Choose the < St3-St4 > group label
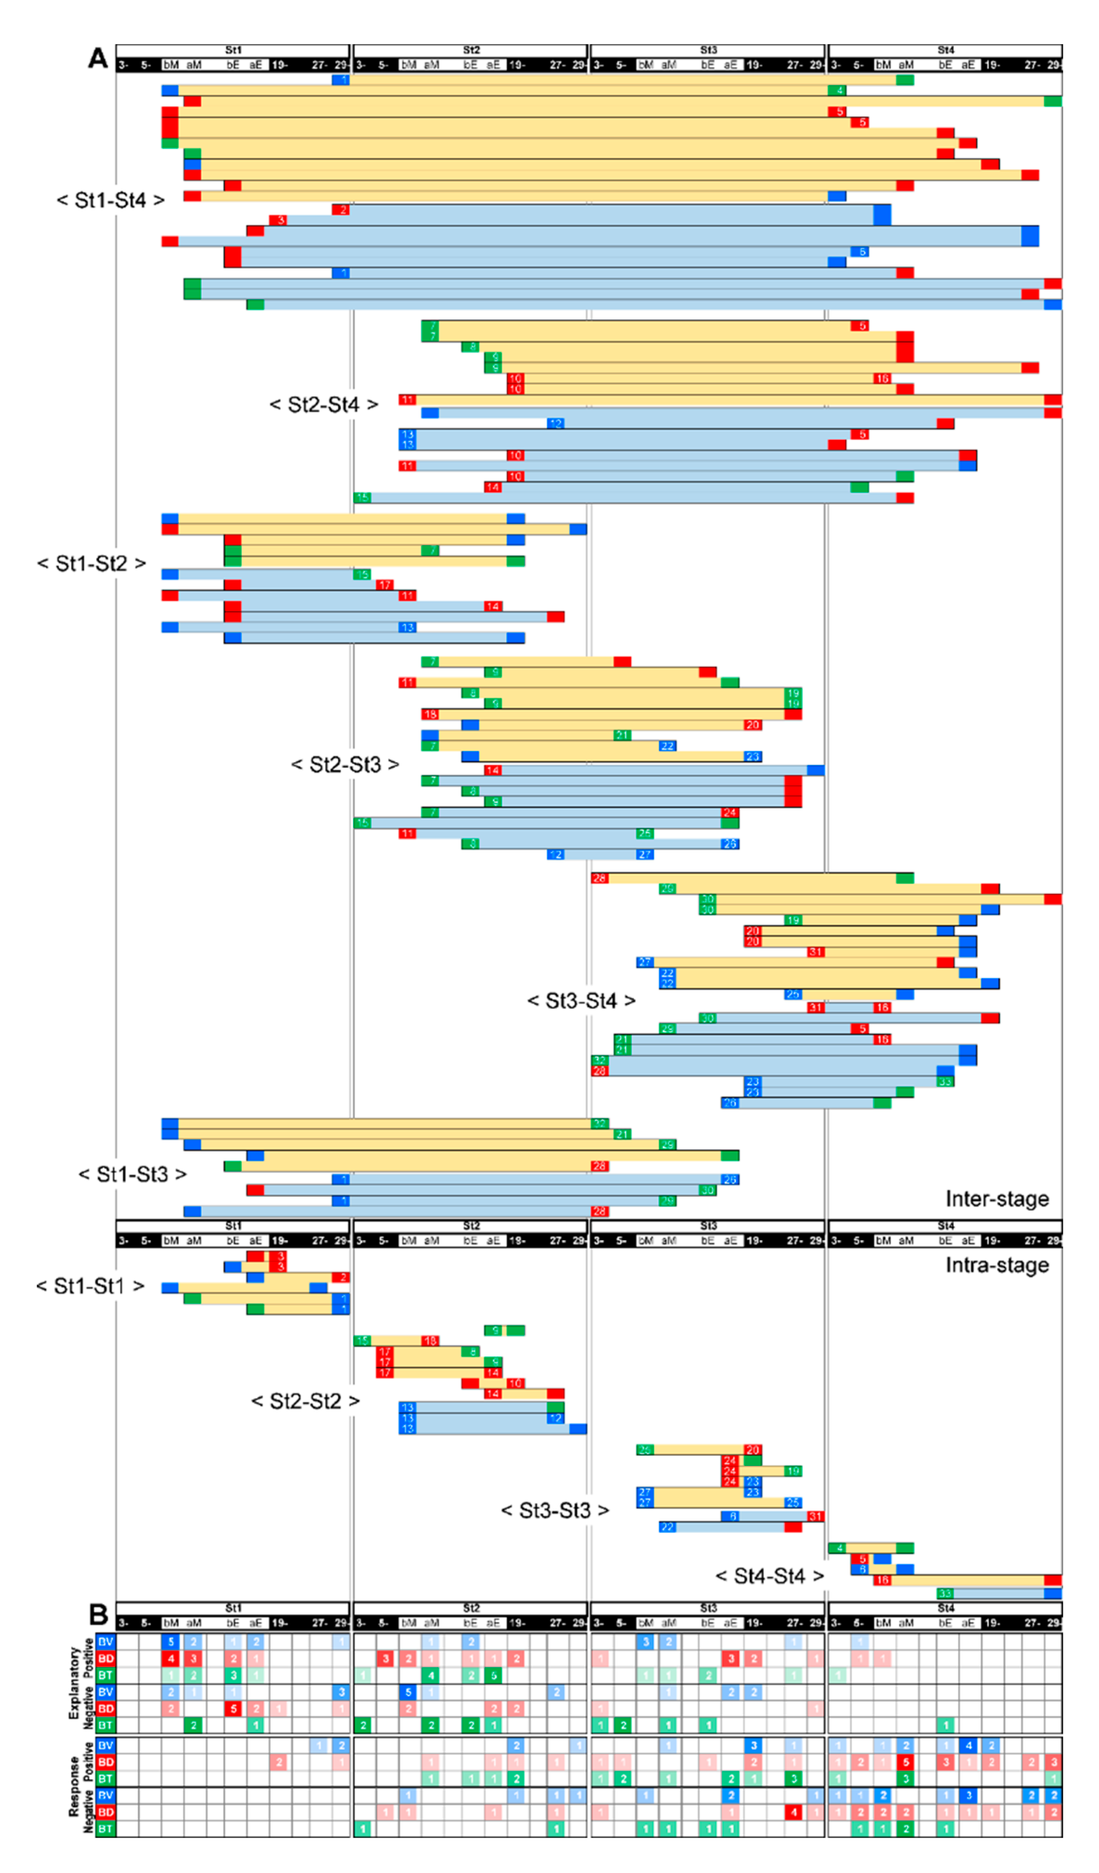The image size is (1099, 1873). (x=581, y=1000)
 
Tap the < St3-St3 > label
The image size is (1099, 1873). (x=555, y=1510)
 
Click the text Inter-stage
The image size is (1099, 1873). (x=997, y=1199)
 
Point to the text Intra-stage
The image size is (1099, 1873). (x=997, y=1265)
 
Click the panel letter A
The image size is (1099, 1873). (x=98, y=58)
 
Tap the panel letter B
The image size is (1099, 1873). (x=98, y=1614)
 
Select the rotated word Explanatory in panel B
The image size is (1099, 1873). (x=74, y=1683)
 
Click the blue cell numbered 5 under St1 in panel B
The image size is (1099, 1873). (x=170, y=1642)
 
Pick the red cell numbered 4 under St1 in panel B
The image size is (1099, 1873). (x=170, y=1658)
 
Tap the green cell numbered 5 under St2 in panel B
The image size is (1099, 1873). (x=493, y=1676)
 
